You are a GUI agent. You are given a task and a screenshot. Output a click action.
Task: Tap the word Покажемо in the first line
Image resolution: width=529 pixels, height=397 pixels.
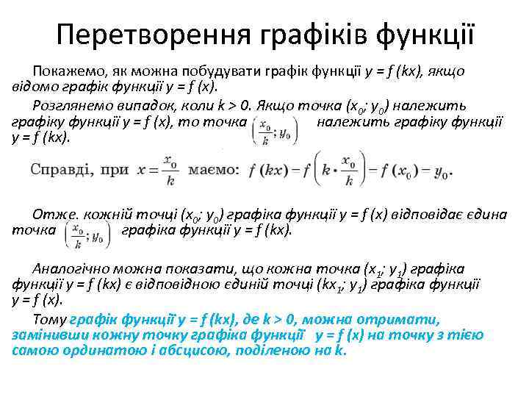tap(66, 71)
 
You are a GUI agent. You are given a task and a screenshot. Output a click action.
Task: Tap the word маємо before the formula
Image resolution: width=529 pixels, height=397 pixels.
tap(213, 170)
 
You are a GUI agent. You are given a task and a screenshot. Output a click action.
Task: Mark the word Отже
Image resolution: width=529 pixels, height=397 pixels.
tap(51, 215)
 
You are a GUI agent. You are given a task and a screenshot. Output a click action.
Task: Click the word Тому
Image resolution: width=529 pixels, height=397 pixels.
tap(49, 320)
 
